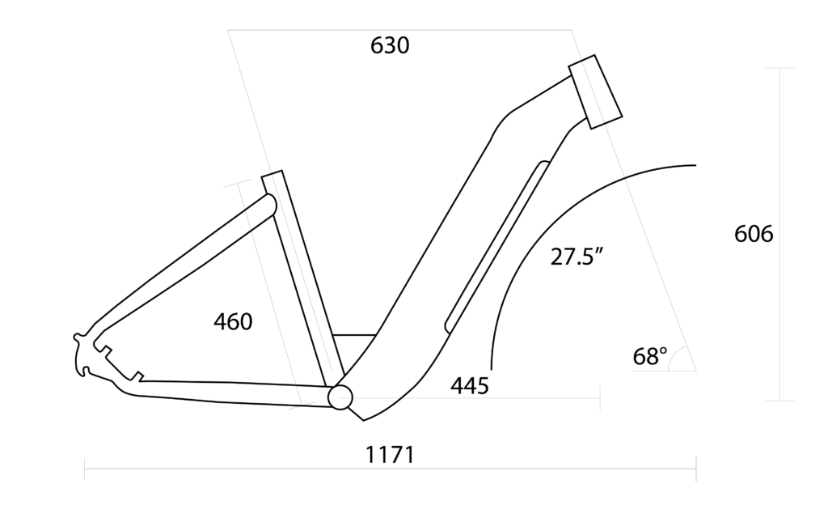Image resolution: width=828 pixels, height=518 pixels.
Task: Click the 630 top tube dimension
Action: pos(390,46)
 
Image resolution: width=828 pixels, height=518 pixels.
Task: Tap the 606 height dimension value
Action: pos(754,234)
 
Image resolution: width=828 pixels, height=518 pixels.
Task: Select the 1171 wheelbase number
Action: pos(390,455)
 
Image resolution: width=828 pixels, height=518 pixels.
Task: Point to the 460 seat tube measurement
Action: pos(233,321)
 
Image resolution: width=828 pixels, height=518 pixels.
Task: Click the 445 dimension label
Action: pos(470,386)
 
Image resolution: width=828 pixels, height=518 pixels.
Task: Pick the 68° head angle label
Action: pos(650,356)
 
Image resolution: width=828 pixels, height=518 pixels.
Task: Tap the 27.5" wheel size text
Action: pos(578,257)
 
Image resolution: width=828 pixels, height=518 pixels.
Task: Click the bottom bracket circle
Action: pos(340,397)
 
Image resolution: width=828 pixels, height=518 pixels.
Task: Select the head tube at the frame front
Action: pos(595,91)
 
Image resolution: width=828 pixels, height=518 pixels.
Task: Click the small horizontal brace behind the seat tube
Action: pos(354,334)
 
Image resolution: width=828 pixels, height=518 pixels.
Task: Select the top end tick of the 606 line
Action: pos(779,68)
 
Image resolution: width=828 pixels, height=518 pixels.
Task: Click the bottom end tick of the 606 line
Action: pos(779,400)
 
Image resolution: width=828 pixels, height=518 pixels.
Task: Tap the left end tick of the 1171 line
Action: pos(85,468)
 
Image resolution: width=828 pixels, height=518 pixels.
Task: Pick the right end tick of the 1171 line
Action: pos(696,468)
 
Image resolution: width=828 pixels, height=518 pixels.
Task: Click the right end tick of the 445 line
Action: pos(599,397)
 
